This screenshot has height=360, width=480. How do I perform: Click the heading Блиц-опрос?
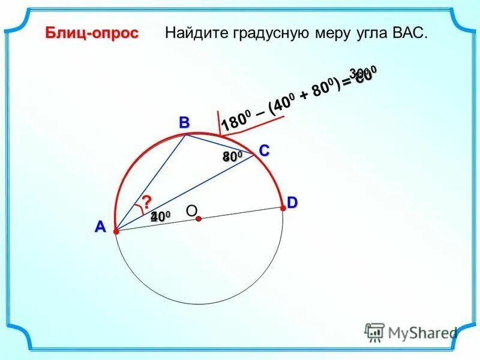pyautogui.click(x=92, y=34)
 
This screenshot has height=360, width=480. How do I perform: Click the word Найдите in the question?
pyautogui.click(x=193, y=34)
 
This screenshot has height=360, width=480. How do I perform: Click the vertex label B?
pyautogui.click(x=184, y=123)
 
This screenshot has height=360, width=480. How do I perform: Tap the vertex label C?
pyautogui.click(x=264, y=151)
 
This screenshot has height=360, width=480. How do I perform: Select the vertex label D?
pyautogui.click(x=292, y=203)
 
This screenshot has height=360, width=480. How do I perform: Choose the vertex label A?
pyautogui.click(x=100, y=227)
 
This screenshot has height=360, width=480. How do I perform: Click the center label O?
pyautogui.click(x=191, y=210)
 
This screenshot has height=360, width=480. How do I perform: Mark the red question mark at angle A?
pyautogui.click(x=146, y=202)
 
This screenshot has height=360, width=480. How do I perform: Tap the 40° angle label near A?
pyautogui.click(x=161, y=216)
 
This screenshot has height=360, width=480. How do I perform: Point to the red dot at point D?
pyautogui.click(x=283, y=208)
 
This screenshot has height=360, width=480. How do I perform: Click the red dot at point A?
pyautogui.click(x=116, y=230)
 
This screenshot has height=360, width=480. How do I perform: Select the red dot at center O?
pyautogui.click(x=198, y=220)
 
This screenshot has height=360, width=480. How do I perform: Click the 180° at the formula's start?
pyautogui.click(x=235, y=121)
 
